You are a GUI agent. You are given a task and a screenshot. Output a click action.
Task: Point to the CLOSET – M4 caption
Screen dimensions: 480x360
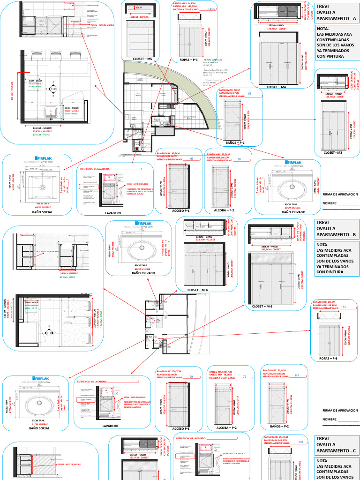(x=276, y=87)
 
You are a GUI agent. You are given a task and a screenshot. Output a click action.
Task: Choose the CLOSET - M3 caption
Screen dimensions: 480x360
(x=333, y=153)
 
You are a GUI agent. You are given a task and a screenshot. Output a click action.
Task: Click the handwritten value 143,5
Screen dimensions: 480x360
(x=212, y=9)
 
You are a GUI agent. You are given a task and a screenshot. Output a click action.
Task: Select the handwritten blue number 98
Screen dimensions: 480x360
(x=192, y=159)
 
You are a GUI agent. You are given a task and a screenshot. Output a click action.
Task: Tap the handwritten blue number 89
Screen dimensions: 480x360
(x=240, y=160)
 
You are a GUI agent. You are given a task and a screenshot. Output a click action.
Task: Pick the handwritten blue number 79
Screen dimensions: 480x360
(x=245, y=377)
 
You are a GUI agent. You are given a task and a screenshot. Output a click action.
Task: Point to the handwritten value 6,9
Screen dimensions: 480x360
(x=297, y=375)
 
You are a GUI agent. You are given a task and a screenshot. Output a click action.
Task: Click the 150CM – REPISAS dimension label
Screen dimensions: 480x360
(x=140, y=16)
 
